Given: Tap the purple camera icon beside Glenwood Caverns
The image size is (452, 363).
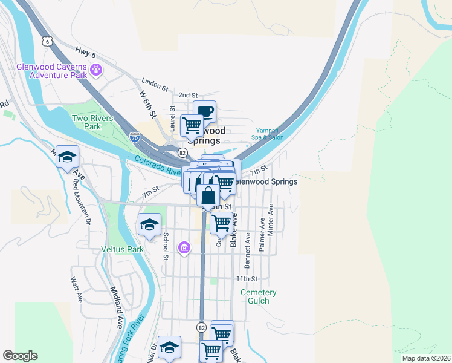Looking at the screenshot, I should [x=95, y=71].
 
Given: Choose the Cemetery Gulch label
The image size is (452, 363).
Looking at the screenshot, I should [x=259, y=296].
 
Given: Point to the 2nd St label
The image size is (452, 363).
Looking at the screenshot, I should [x=188, y=96].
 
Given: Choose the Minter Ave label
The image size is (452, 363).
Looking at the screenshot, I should [x=271, y=219].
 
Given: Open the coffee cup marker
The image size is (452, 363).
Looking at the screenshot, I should [x=204, y=111].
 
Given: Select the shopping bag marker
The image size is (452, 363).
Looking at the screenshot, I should [x=208, y=195].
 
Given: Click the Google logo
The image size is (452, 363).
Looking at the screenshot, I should [x=21, y=356].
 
